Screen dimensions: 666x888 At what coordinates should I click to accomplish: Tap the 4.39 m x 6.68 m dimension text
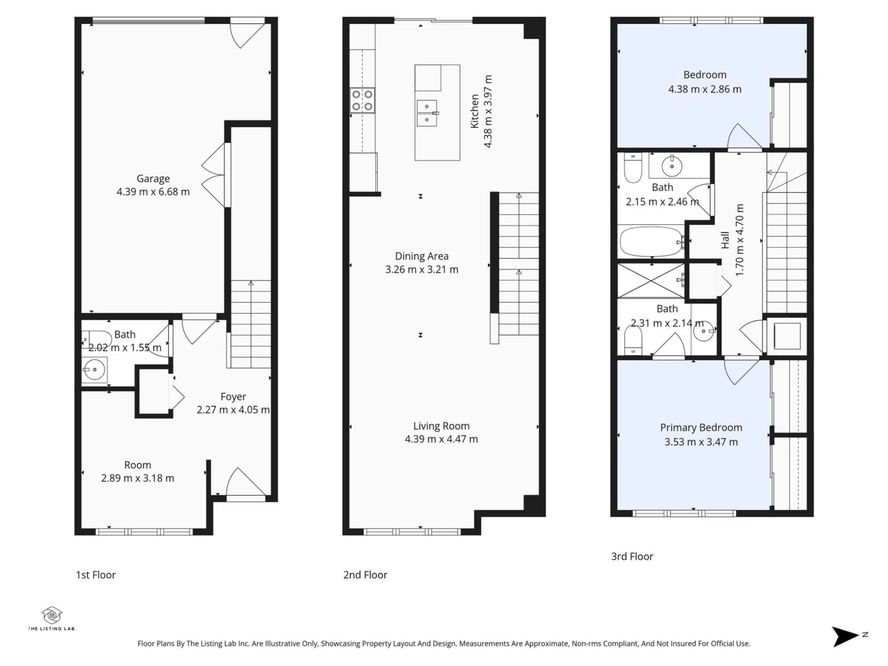point(153,192)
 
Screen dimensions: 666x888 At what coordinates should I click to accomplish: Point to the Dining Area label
point(422,256)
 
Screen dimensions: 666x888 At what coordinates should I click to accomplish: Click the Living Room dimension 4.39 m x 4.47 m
point(441,439)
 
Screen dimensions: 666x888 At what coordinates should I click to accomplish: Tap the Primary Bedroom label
point(701,428)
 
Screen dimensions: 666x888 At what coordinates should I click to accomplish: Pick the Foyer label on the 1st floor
point(233,397)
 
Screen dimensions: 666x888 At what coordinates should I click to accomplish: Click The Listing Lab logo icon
point(52,615)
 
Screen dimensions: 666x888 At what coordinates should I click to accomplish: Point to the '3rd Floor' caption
point(632,556)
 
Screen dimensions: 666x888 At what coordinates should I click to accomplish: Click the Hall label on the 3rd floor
point(725,240)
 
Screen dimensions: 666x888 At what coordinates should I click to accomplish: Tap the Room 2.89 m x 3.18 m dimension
point(137,478)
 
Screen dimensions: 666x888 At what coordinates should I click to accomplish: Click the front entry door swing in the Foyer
point(245,484)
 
